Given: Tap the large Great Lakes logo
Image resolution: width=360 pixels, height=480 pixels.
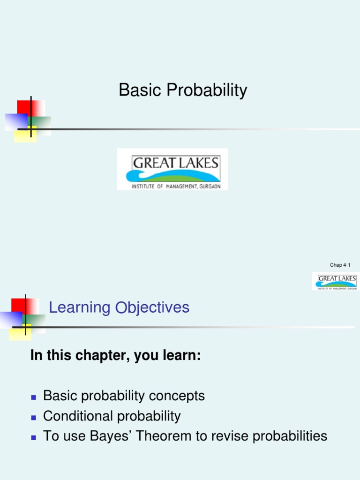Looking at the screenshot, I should coord(172,169).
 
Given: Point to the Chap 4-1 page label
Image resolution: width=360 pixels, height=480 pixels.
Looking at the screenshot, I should coord(340,265).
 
